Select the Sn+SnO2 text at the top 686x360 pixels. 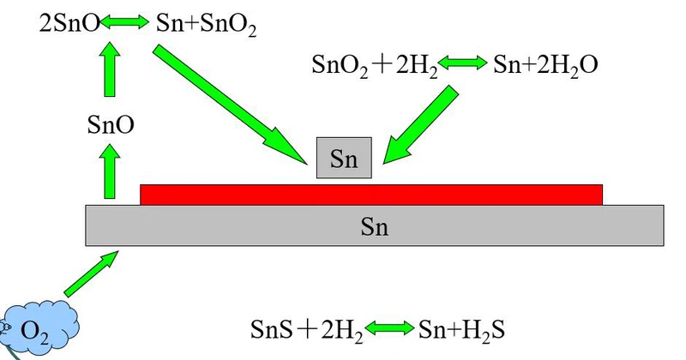point(207,24)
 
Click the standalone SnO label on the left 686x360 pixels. point(111,126)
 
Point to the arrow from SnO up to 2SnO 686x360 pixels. point(111,73)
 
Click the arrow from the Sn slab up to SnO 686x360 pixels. point(111,171)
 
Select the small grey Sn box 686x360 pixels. point(344,159)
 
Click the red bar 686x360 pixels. point(370,195)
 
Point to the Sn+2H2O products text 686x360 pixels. point(545,65)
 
